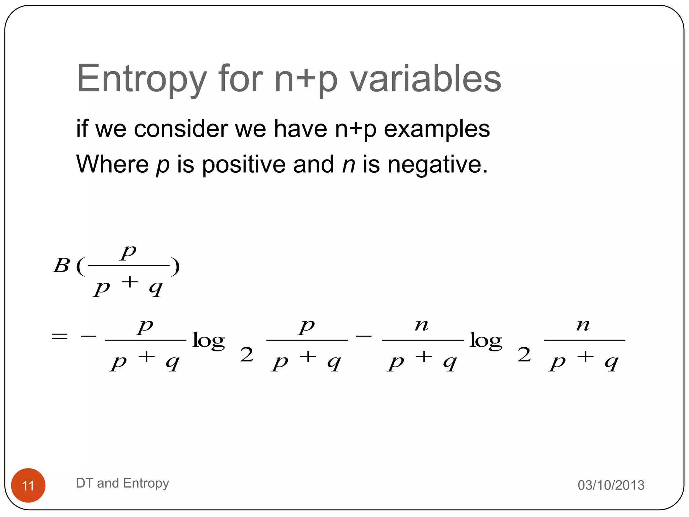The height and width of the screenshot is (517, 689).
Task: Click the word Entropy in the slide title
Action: (141, 79)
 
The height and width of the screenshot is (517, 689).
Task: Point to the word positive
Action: (244, 165)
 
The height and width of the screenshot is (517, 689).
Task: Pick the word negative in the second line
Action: (437, 165)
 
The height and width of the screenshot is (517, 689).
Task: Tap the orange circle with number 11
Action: (28, 485)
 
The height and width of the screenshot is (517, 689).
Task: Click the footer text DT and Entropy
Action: (122, 483)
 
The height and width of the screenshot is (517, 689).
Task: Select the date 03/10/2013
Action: (611, 485)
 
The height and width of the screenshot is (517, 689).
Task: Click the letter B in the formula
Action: (61, 266)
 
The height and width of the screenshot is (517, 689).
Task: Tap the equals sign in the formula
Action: (60, 336)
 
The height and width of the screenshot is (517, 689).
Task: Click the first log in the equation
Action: (209, 341)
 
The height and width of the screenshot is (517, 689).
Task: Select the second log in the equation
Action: (486, 341)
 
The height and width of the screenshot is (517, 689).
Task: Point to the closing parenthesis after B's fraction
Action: (175, 267)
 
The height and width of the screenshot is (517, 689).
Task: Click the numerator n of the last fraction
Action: (583, 325)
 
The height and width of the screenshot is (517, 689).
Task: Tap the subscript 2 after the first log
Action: (247, 355)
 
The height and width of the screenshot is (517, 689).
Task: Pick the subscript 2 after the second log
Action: (524, 355)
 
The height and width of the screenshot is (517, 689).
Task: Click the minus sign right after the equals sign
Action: (88, 336)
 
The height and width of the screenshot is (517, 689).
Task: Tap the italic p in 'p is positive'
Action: (163, 165)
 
